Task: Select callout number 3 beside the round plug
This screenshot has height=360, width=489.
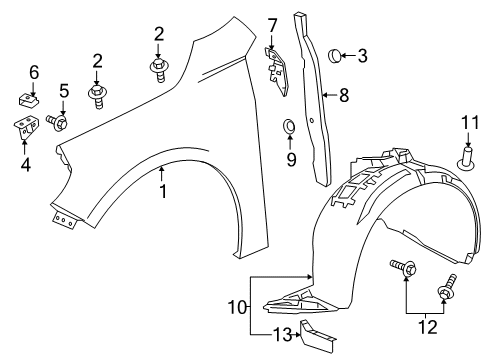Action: pos(362,56)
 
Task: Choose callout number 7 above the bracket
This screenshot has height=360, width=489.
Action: pos(273,23)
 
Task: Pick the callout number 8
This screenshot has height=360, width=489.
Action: pos(344,96)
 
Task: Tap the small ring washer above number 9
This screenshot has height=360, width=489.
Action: pos(289,127)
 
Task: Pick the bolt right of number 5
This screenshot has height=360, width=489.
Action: pos(59,123)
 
